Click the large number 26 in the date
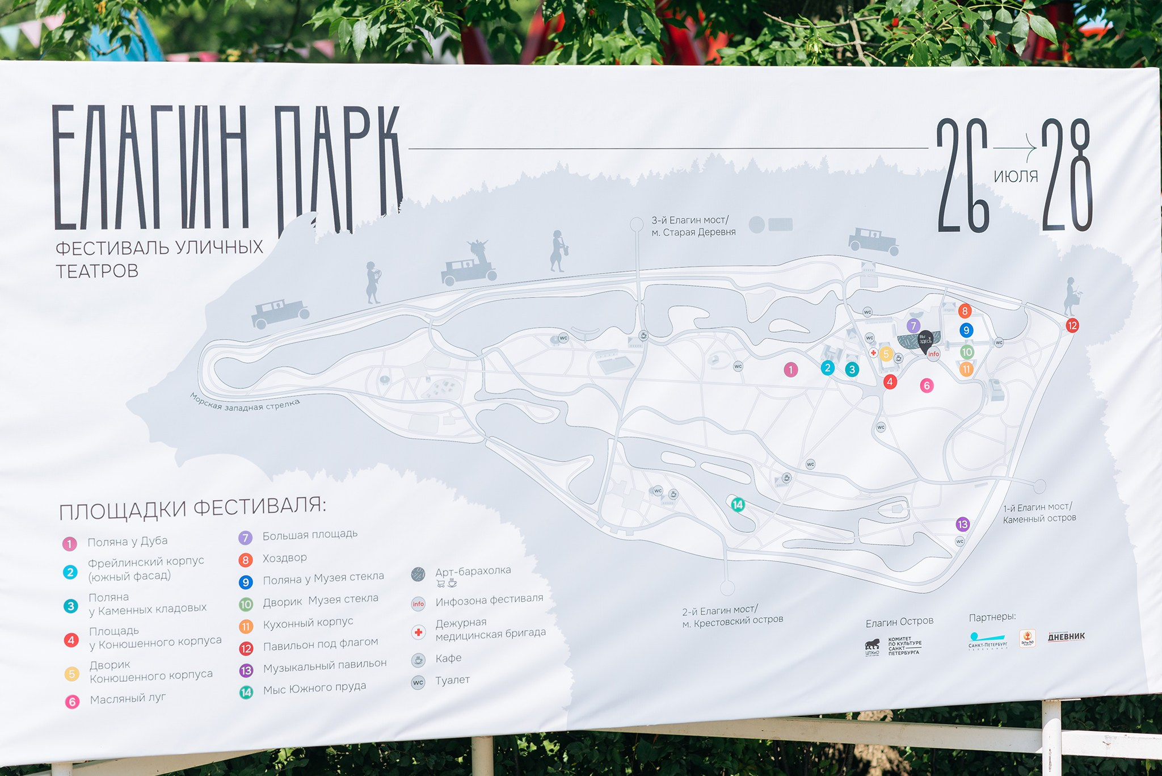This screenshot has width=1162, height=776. tap(963, 175)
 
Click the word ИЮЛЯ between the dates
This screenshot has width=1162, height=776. tap(1016, 177)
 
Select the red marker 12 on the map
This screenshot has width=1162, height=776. tap(1072, 326)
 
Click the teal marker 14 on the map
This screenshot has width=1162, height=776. tap(738, 505)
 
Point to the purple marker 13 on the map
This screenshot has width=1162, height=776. tap(962, 524)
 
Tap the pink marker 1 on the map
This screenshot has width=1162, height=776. tap(790, 370)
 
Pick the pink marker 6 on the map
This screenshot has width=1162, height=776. tap(927, 386)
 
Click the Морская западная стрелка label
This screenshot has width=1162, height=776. tap(245, 405)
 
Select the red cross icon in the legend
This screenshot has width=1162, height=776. tap(418, 632)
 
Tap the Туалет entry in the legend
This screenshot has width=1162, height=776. tap(452, 680)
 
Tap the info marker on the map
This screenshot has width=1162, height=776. tap(933, 354)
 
